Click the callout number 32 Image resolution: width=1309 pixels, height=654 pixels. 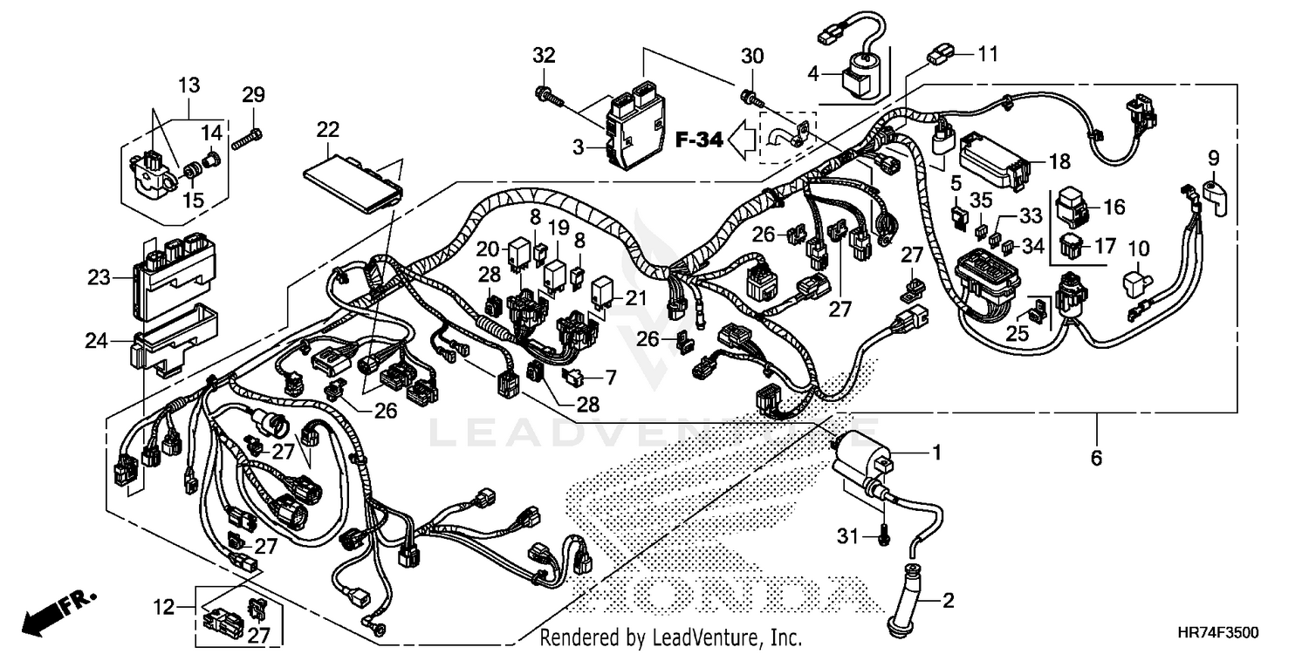(x=544, y=56)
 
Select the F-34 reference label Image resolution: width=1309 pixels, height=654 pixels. (x=698, y=139)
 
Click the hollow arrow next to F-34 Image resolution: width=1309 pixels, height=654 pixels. (x=744, y=138)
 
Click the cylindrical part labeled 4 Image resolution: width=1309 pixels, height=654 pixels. (x=859, y=75)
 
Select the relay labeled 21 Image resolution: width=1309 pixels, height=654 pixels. (x=605, y=294)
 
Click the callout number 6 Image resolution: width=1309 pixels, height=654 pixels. (x=1096, y=457)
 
